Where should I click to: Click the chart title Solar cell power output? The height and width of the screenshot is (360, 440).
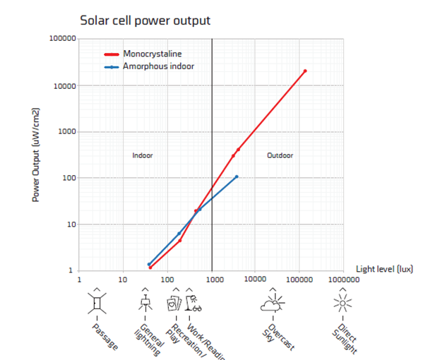[144, 20]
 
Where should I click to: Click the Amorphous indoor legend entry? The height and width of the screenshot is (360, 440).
[158, 66]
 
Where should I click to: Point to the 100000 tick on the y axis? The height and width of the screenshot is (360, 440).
[62, 39]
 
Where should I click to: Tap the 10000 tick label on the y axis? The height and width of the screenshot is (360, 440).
[64, 85]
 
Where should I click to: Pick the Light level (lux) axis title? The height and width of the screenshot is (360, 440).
[384, 269]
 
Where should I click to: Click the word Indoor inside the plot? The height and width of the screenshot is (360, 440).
[143, 155]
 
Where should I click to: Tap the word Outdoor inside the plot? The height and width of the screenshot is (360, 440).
[280, 155]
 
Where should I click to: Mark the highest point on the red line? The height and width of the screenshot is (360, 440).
[305, 71]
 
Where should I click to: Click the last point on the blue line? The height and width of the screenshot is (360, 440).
[237, 176]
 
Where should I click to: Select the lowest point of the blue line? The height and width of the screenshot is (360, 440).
[148, 265]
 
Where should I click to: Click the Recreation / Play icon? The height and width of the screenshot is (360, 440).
[173, 304]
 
